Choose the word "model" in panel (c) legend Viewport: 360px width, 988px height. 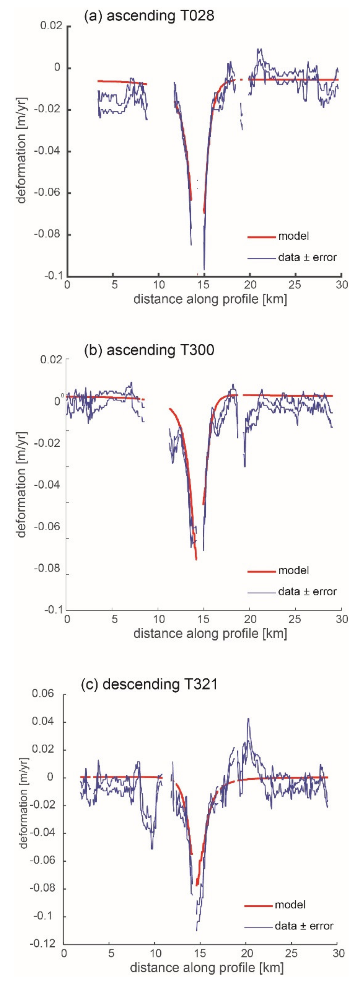[x=290, y=904]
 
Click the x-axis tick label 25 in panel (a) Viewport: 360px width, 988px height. [x=295, y=285]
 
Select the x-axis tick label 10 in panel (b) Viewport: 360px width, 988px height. [x=158, y=619]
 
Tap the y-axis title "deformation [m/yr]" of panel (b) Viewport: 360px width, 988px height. [x=21, y=484]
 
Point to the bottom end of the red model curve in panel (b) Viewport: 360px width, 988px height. [x=196, y=559]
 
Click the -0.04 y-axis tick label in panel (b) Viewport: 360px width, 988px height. [x=48, y=484]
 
